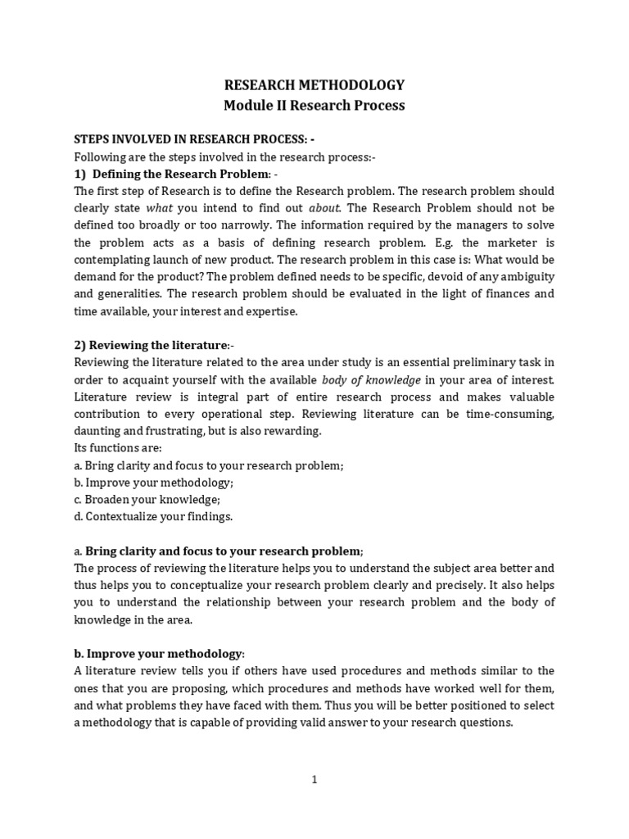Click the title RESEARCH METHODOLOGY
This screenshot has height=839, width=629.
pyautogui.click(x=314, y=85)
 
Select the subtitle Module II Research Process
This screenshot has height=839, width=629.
pyautogui.click(x=314, y=106)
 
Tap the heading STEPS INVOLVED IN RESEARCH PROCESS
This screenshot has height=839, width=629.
pyautogui.click(x=194, y=139)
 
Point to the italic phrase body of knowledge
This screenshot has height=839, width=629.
pyautogui.click(x=371, y=380)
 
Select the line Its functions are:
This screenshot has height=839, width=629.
pyautogui.click(x=118, y=448)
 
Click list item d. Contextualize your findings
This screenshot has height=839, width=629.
pyautogui.click(x=153, y=516)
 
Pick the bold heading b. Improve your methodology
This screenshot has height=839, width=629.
pyautogui.click(x=159, y=653)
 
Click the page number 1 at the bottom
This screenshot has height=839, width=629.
pyautogui.click(x=314, y=780)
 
